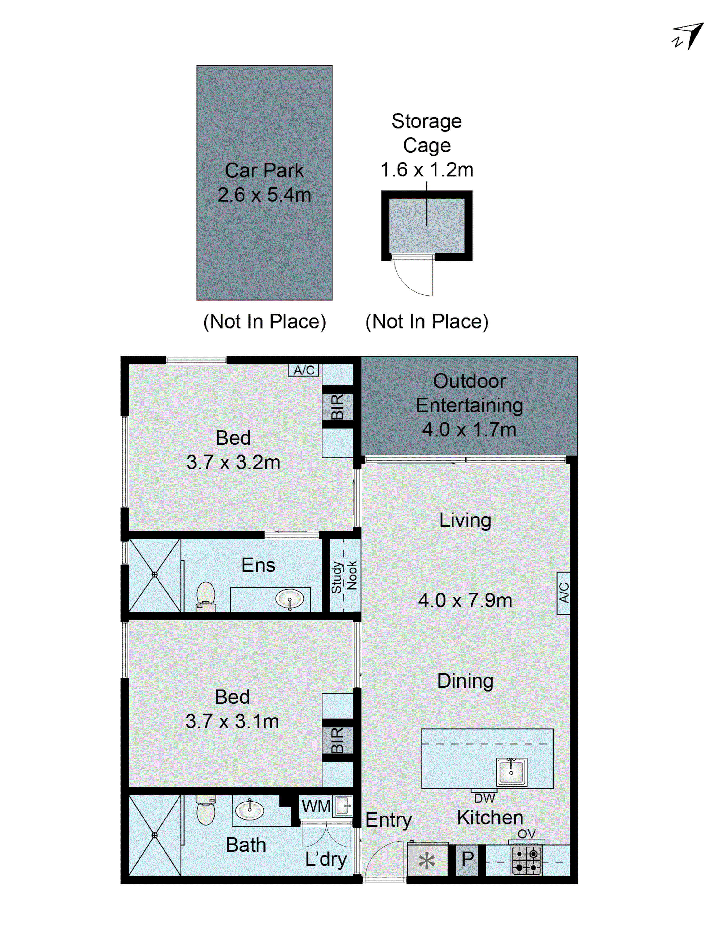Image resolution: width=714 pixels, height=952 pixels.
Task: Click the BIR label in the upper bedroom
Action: pyautogui.click(x=337, y=406)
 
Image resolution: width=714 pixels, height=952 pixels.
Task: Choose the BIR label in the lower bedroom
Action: pyautogui.click(x=337, y=740)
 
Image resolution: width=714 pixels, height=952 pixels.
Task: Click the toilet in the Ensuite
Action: pyautogui.click(x=206, y=596)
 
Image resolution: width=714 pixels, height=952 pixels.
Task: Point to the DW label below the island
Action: pyautogui.click(x=484, y=798)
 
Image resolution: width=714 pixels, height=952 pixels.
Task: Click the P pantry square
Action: pyautogui.click(x=467, y=859)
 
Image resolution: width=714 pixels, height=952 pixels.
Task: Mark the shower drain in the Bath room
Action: pyautogui.click(x=154, y=835)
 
